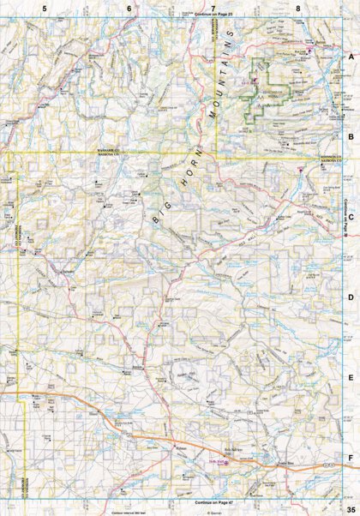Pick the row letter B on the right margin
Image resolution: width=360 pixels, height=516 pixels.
(350, 135)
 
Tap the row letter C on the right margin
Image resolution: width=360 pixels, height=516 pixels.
(350, 217)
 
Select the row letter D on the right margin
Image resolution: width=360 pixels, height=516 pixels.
(350, 297)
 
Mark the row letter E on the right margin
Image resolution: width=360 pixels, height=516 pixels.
(350, 377)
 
